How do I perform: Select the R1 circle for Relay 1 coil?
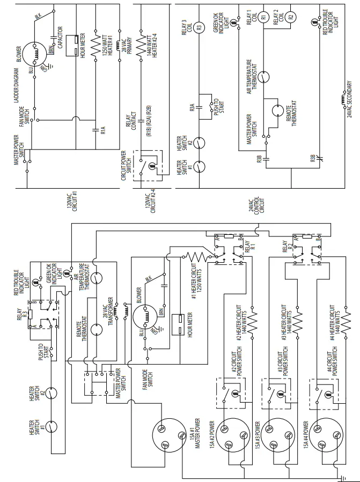(263, 18)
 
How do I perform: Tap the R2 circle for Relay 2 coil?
(291, 18)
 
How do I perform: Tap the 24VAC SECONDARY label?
(349, 100)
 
